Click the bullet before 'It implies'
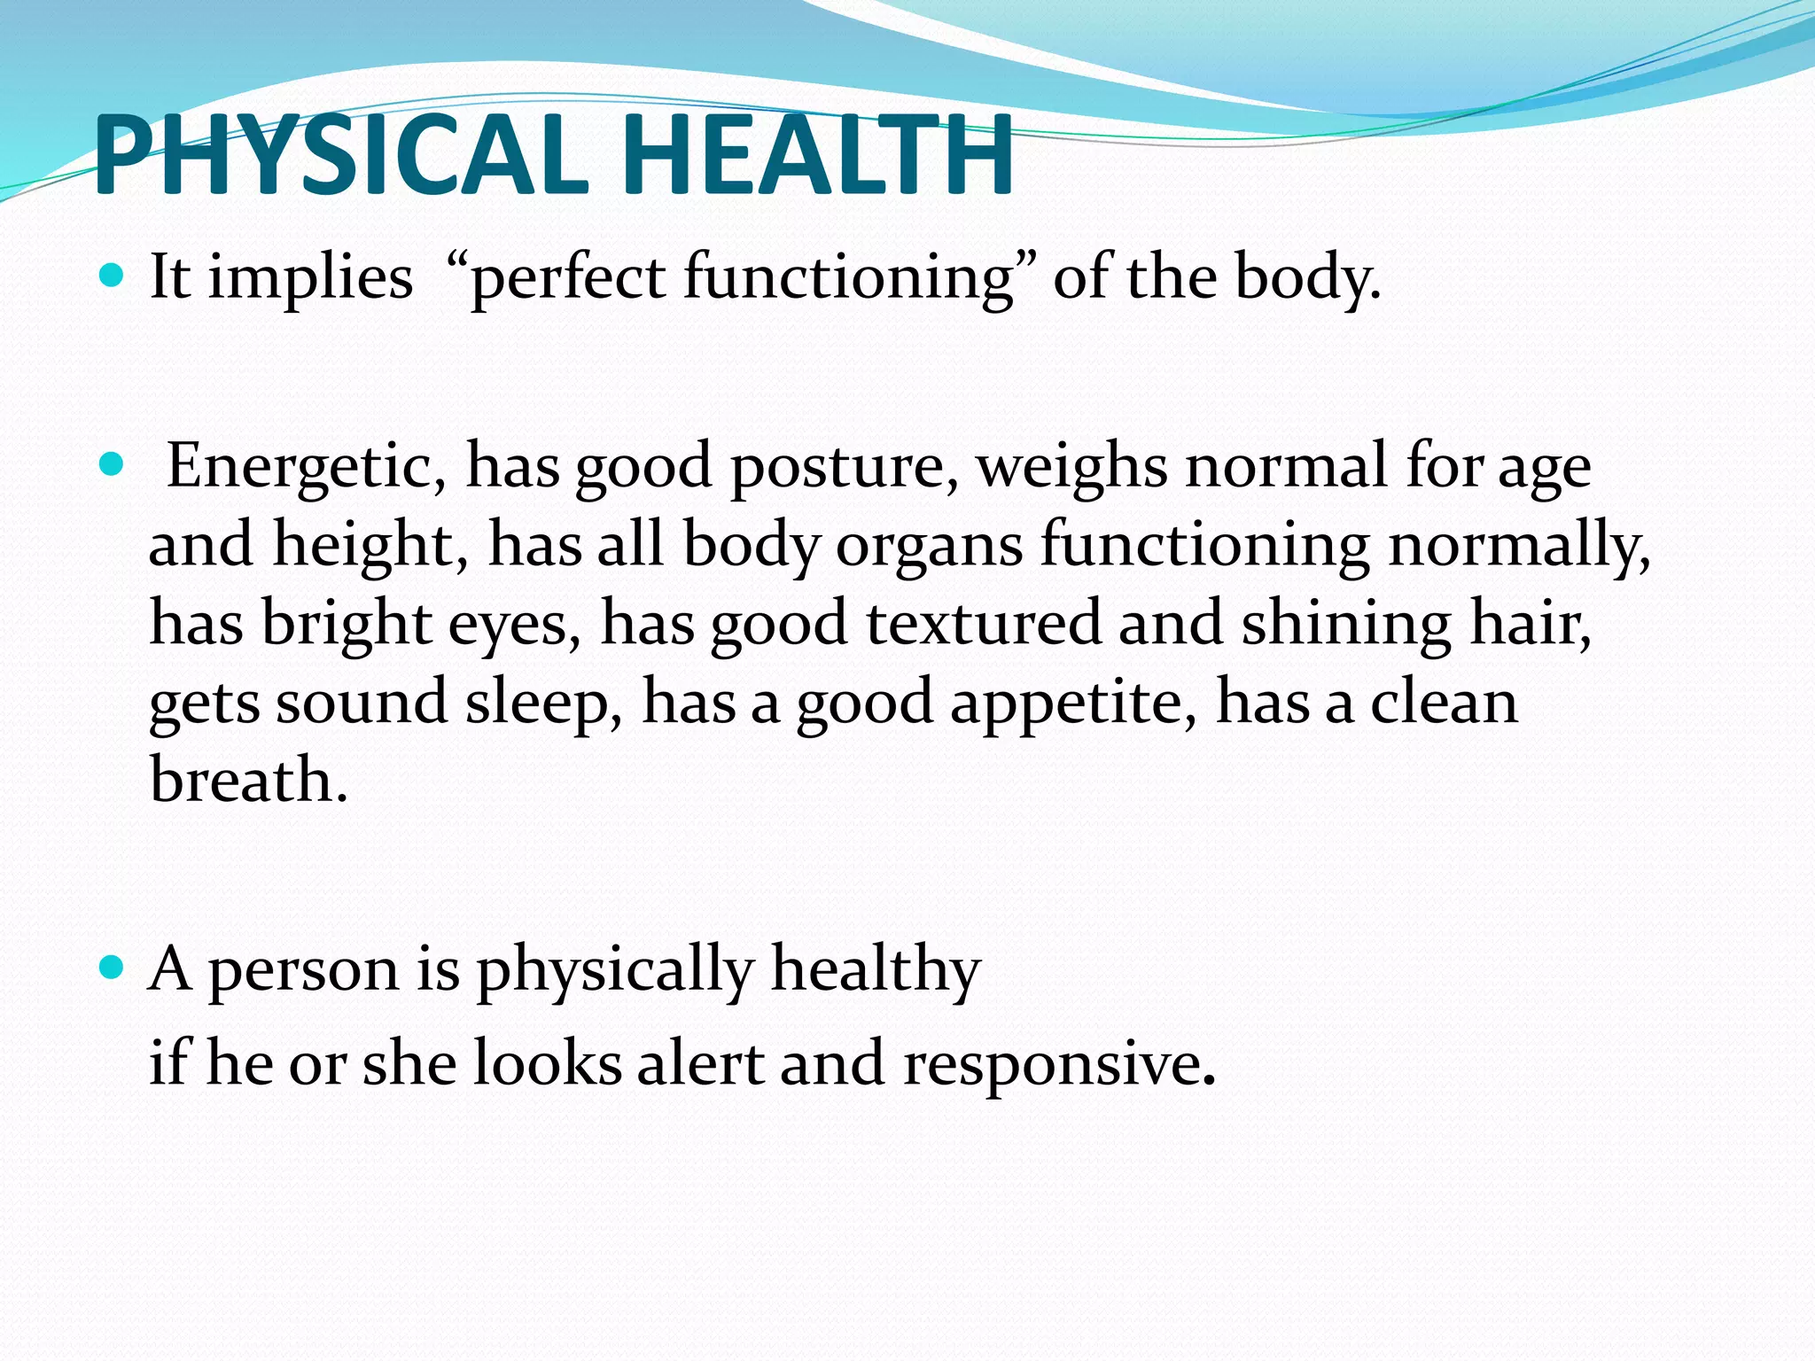click(111, 276)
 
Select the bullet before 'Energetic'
click(111, 464)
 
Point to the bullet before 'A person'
click(111, 967)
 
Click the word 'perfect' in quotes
click(567, 278)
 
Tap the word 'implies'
click(310, 278)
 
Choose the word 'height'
click(370, 544)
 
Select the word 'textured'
click(984, 622)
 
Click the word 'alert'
click(700, 1062)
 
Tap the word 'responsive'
click(1059, 1064)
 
